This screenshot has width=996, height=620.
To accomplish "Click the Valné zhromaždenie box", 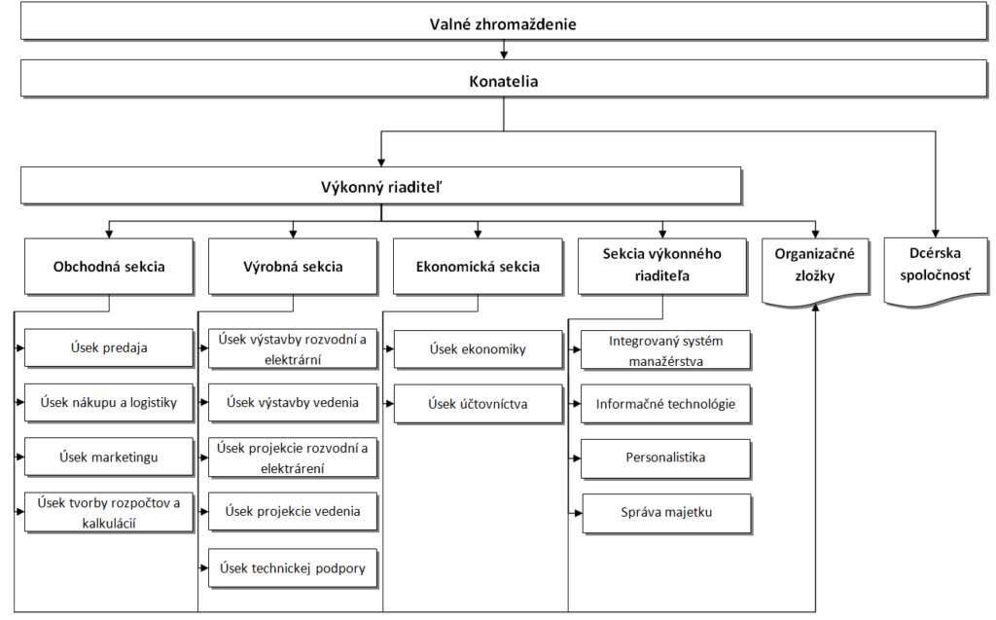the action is [x=504, y=23].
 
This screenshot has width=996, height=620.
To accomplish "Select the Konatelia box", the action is [x=504, y=80].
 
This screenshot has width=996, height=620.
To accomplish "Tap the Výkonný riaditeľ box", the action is [x=381, y=186].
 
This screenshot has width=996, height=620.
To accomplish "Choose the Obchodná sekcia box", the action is [x=109, y=267].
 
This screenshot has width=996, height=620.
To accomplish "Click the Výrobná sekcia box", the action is [x=293, y=267].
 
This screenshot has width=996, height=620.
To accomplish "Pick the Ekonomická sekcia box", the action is [x=478, y=267].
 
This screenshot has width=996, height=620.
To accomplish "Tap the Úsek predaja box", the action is [x=109, y=347].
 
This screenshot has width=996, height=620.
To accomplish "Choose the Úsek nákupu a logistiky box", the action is [x=109, y=402].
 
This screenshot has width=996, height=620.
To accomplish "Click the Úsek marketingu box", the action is [x=109, y=456].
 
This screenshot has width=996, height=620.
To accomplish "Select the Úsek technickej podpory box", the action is [x=293, y=567].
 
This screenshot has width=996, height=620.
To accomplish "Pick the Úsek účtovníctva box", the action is [x=479, y=403].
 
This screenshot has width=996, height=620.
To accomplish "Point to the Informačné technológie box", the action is [x=665, y=404].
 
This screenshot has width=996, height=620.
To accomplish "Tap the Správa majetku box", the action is [x=667, y=513].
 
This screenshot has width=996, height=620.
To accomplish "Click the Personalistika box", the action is [x=665, y=457].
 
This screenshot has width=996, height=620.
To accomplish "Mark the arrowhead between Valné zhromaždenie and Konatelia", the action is [x=504, y=55].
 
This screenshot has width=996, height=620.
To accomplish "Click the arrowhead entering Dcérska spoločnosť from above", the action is [x=936, y=234].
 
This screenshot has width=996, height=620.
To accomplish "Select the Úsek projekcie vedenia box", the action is [x=293, y=511].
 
